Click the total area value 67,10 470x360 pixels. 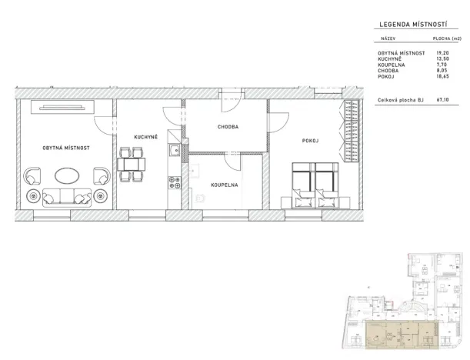pyautogui.click(x=443, y=99)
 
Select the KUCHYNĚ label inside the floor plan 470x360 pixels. pyautogui.click(x=146, y=137)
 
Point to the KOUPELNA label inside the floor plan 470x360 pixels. pyautogui.click(x=225, y=185)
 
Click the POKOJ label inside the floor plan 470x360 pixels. pyautogui.click(x=310, y=141)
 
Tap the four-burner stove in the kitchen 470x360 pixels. pyautogui.click(x=175, y=183)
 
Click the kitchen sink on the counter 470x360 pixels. pyautogui.click(x=175, y=150)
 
